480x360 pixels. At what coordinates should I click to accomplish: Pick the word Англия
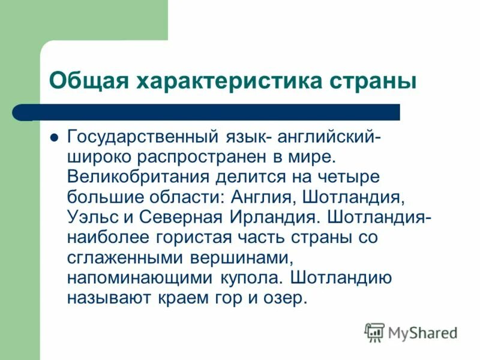point(265,197)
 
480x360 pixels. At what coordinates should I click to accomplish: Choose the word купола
point(250,277)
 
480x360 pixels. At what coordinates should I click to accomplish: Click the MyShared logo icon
point(374,331)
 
